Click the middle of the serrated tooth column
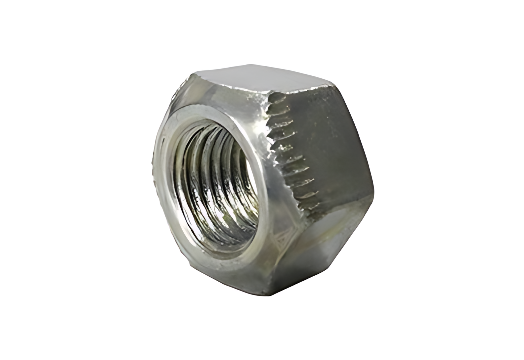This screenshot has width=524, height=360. [288, 152]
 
